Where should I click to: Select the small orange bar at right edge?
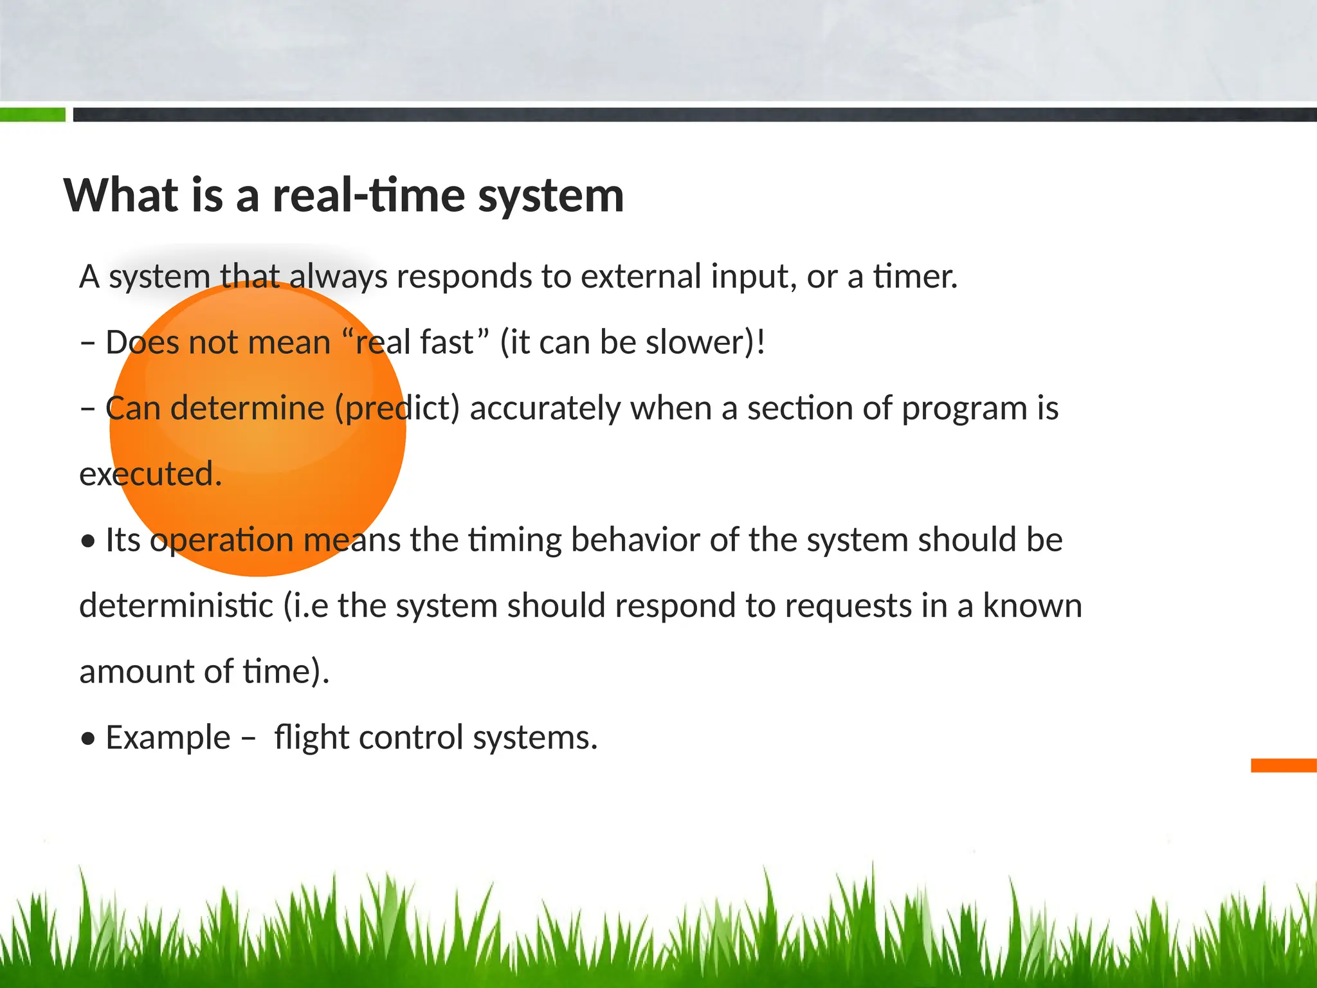(1283, 765)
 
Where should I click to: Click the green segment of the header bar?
(32, 115)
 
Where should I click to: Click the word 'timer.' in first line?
(915, 277)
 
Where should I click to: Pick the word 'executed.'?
(150, 474)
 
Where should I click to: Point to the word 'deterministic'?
(176, 606)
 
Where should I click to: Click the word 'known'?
(1032, 606)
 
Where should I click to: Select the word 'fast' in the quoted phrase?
(446, 342)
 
